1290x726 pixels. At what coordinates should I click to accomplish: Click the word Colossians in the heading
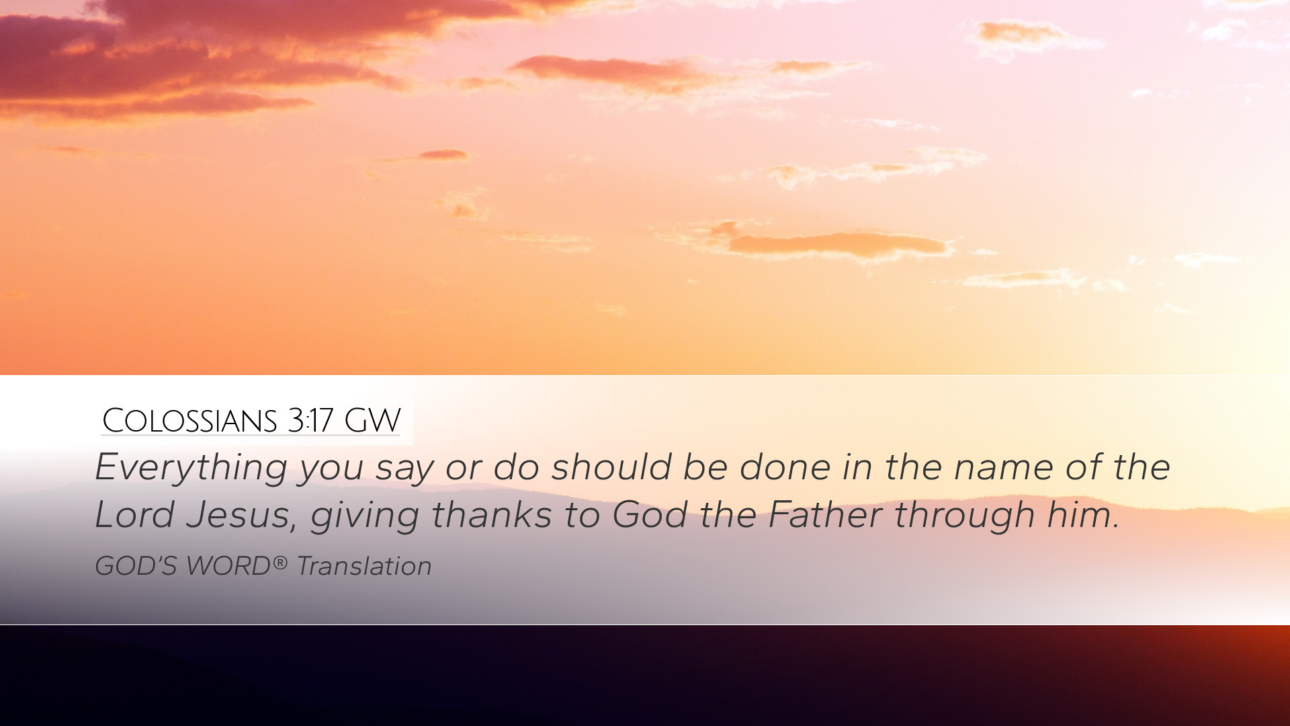(x=189, y=421)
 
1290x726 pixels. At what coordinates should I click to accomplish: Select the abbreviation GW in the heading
(x=372, y=421)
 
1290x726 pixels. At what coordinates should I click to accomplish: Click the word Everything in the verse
(x=191, y=468)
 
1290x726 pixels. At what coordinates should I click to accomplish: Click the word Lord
(x=134, y=515)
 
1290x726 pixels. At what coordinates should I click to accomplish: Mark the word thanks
(x=491, y=515)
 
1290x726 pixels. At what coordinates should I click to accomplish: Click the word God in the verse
(x=649, y=515)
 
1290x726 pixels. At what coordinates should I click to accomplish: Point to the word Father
(x=825, y=515)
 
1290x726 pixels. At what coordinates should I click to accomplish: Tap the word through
(x=964, y=516)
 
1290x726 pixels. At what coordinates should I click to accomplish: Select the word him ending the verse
(x=1083, y=515)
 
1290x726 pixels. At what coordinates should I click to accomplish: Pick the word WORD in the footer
(x=228, y=566)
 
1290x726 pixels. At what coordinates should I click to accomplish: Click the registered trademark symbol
(x=279, y=562)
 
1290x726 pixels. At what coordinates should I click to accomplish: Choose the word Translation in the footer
(x=364, y=566)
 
